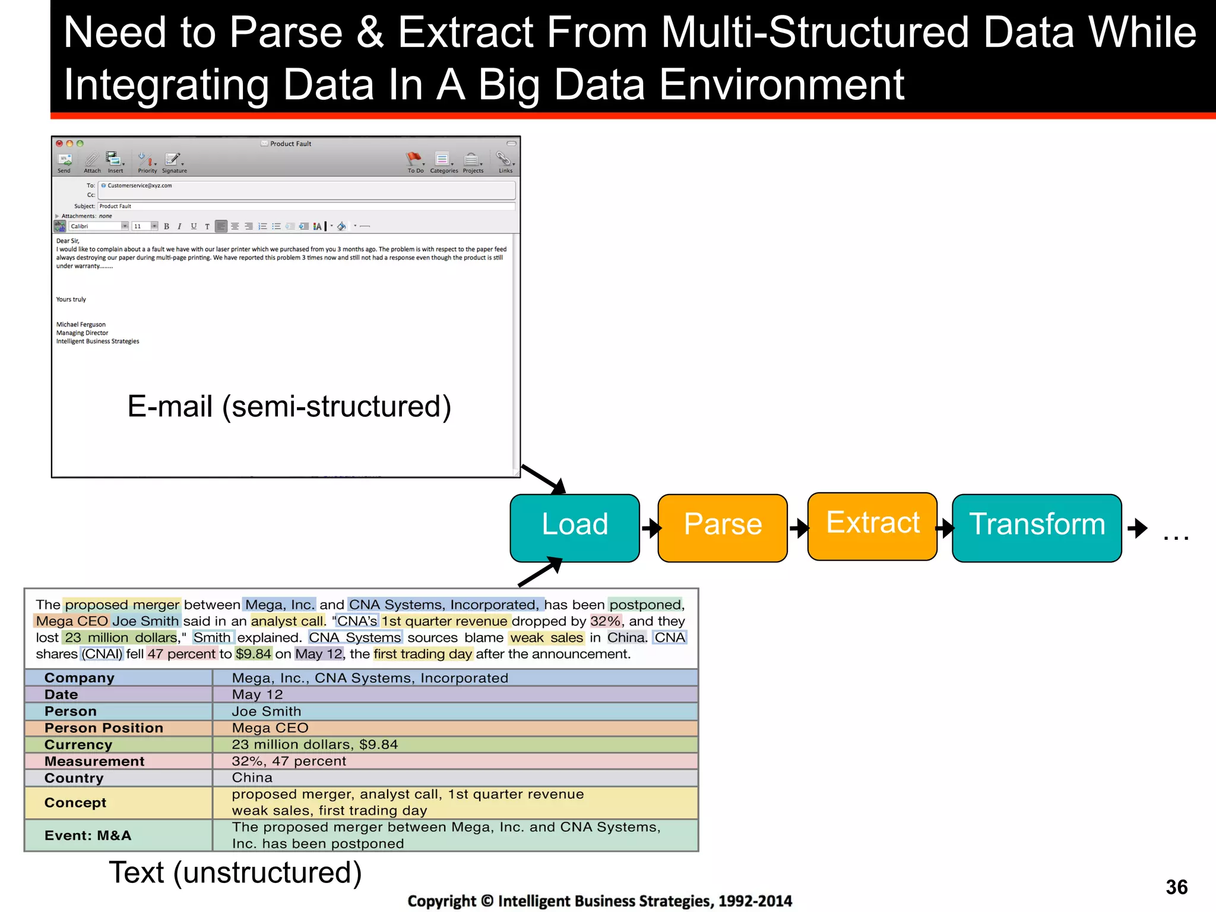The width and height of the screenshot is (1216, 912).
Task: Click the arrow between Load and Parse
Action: [650, 527]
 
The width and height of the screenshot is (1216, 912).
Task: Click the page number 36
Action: [1176, 887]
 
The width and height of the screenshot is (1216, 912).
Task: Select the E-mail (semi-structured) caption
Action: [289, 407]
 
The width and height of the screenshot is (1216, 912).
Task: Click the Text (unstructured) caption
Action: [235, 873]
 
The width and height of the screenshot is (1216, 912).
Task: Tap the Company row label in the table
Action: [80, 678]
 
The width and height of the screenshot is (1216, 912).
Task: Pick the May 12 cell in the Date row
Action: [257, 695]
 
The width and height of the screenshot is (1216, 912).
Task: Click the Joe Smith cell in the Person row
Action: [266, 711]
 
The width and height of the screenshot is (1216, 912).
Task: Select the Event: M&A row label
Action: [88, 835]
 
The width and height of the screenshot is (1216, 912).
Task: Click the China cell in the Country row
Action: [252, 778]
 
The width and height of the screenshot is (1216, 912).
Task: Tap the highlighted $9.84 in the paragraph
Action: [253, 654]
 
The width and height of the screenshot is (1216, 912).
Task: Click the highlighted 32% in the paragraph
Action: [605, 621]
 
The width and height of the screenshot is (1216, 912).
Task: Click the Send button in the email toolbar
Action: [64, 161]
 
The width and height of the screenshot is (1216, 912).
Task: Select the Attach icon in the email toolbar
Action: [92, 161]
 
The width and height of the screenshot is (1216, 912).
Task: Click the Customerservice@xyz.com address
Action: [139, 186]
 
